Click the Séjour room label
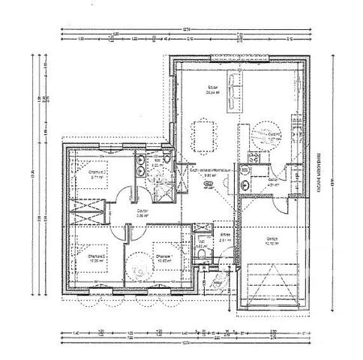(x=212, y=88)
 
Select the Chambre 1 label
(x=163, y=256)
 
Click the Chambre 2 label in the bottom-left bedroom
(x=95, y=256)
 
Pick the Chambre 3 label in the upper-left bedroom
(x=97, y=172)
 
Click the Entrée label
(x=223, y=235)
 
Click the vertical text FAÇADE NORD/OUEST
(x=319, y=172)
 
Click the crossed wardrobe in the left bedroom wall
(x=83, y=208)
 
